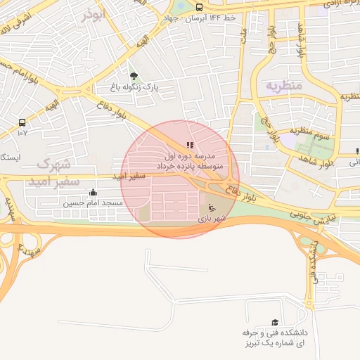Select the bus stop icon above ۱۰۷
click(22, 122)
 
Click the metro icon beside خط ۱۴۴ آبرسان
click(199, 7)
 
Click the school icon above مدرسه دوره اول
click(190, 145)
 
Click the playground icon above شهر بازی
click(210, 207)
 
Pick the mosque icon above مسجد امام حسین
click(93, 192)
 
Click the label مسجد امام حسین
click(94, 203)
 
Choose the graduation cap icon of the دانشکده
click(274, 321)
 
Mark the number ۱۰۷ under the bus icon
click(22, 132)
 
